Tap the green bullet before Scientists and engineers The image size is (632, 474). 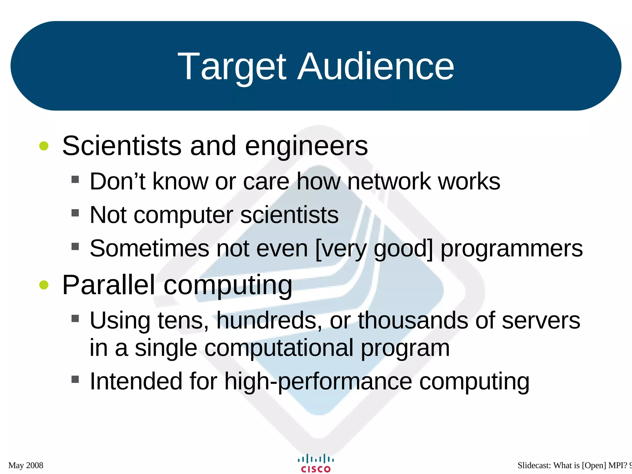coord(44,146)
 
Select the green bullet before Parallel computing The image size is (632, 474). coord(44,285)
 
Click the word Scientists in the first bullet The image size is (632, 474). coord(122,146)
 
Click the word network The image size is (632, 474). coord(389,181)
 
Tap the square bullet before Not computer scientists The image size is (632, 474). coord(75,213)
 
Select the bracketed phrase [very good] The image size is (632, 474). coord(374,249)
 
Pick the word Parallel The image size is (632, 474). coord(108,285)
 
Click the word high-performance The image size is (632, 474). coord(318,382)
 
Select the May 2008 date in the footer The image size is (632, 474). coord(26,465)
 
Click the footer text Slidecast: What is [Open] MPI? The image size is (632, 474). coord(572,465)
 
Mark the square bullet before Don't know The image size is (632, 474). coord(75,179)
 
